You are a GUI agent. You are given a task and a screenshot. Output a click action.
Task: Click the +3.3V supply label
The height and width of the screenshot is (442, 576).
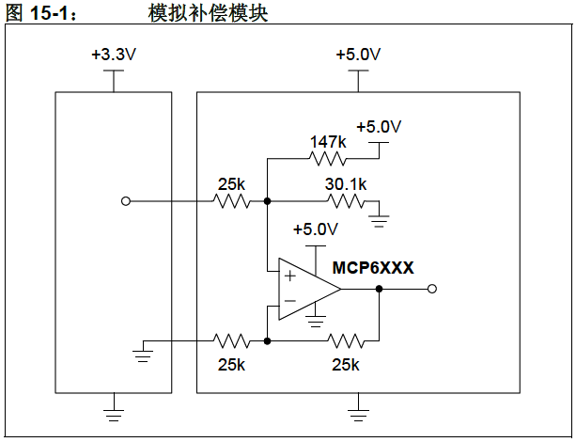tap(113, 55)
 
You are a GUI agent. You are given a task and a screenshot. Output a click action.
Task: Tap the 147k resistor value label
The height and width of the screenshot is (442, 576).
tap(328, 142)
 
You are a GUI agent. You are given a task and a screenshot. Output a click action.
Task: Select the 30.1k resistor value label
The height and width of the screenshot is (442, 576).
tap(346, 184)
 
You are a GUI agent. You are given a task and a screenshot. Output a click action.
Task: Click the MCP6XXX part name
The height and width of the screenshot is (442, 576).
tap(373, 268)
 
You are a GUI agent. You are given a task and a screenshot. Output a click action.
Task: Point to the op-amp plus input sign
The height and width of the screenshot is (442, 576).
tap(288, 276)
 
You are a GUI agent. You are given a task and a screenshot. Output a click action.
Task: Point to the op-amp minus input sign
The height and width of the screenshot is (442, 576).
tap(288, 302)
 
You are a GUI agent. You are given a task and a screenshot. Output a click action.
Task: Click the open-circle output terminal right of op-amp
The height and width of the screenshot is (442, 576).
tap(432, 290)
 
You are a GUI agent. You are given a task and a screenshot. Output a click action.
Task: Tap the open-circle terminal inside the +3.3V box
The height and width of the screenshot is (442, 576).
tap(126, 200)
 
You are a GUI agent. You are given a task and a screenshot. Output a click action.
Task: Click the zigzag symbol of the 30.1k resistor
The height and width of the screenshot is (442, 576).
tap(345, 200)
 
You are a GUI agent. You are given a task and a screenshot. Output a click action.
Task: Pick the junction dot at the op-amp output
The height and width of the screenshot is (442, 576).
tap(380, 290)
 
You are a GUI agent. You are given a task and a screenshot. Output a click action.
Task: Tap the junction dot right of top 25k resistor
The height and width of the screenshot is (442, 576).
tap(268, 200)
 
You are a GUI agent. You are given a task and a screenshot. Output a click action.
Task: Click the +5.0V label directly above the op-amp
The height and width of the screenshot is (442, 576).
tap(315, 229)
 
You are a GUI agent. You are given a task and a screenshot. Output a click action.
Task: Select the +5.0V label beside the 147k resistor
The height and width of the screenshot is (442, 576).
tap(380, 127)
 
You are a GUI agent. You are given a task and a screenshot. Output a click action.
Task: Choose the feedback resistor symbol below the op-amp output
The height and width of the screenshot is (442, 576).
tap(345, 340)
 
